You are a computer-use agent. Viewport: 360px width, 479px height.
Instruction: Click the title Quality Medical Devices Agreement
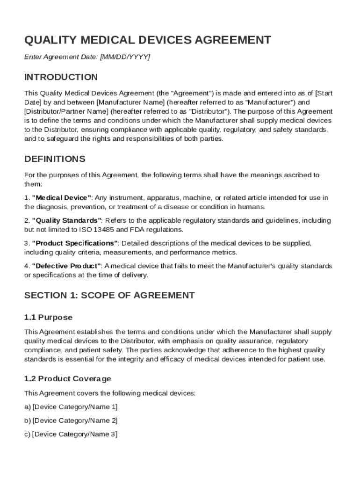point(147,40)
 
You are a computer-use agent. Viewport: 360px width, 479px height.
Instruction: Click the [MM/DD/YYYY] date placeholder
point(125,57)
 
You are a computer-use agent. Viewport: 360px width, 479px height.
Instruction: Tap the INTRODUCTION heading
point(61,77)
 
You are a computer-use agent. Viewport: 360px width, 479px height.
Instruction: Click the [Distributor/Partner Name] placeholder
point(63,111)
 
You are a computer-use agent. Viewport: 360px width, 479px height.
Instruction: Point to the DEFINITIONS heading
point(55,159)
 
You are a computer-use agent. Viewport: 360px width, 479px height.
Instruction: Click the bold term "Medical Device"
point(62,198)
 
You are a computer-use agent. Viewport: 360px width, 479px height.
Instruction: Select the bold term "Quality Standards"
point(66,220)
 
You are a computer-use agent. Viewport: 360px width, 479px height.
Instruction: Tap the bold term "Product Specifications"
point(75,243)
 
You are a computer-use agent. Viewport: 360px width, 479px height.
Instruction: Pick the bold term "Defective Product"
point(66,266)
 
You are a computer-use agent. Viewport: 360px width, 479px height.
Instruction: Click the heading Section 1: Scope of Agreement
point(109,295)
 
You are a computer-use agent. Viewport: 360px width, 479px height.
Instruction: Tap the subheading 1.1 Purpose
point(48,318)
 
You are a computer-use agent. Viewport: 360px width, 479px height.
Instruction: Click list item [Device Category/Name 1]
point(75,407)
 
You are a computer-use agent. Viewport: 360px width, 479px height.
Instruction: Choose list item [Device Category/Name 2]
point(75,421)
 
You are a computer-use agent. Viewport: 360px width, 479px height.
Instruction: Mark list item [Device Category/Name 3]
point(75,434)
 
